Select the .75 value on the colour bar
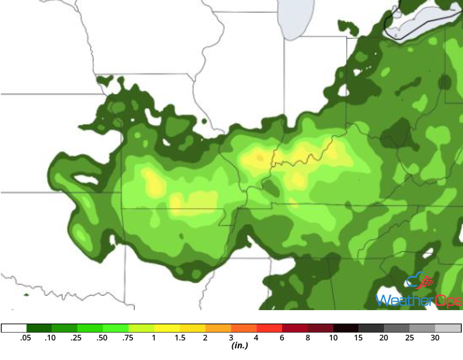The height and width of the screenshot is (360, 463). [x=129, y=338]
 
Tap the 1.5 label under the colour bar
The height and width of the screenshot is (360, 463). [x=180, y=338]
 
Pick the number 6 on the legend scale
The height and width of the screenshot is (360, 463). [x=282, y=338]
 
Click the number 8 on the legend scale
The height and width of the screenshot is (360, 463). [x=308, y=338]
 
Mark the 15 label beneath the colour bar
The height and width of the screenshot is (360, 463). [x=359, y=338]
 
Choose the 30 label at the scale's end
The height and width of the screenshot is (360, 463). [x=435, y=338]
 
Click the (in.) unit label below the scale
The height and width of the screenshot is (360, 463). [x=240, y=346]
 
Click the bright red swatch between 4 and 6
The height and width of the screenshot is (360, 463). [x=269, y=328]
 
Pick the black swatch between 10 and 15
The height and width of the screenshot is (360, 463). [x=346, y=328]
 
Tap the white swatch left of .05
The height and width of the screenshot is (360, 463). [x=14, y=328]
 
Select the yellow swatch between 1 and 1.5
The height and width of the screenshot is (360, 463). [x=167, y=328]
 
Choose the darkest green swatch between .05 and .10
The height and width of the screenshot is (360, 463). [x=39, y=328]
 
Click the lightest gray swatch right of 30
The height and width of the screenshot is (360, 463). [x=448, y=328]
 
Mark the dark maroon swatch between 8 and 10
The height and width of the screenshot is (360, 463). [x=321, y=328]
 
